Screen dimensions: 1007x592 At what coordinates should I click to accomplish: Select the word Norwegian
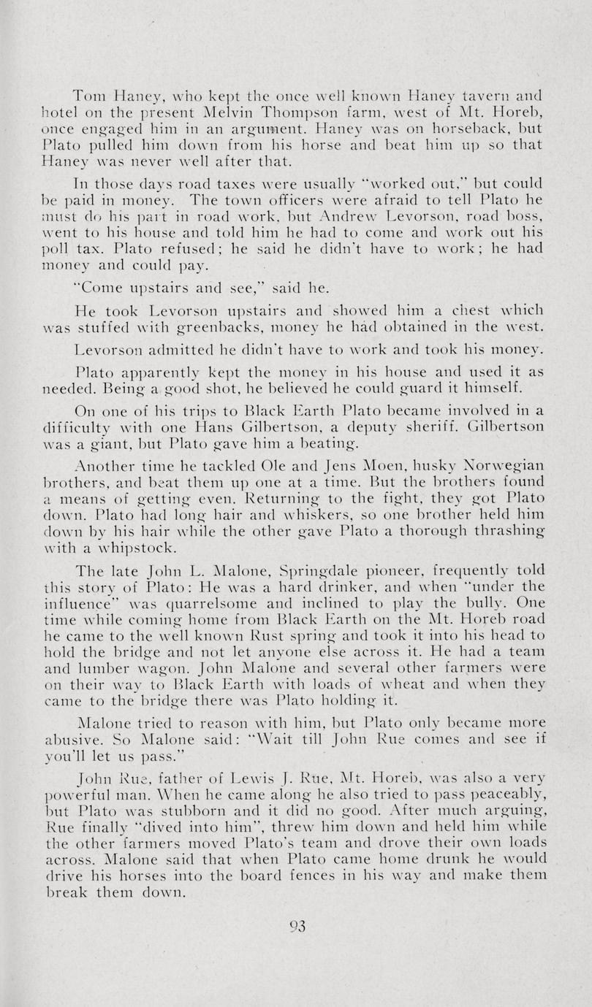click(x=505, y=466)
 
